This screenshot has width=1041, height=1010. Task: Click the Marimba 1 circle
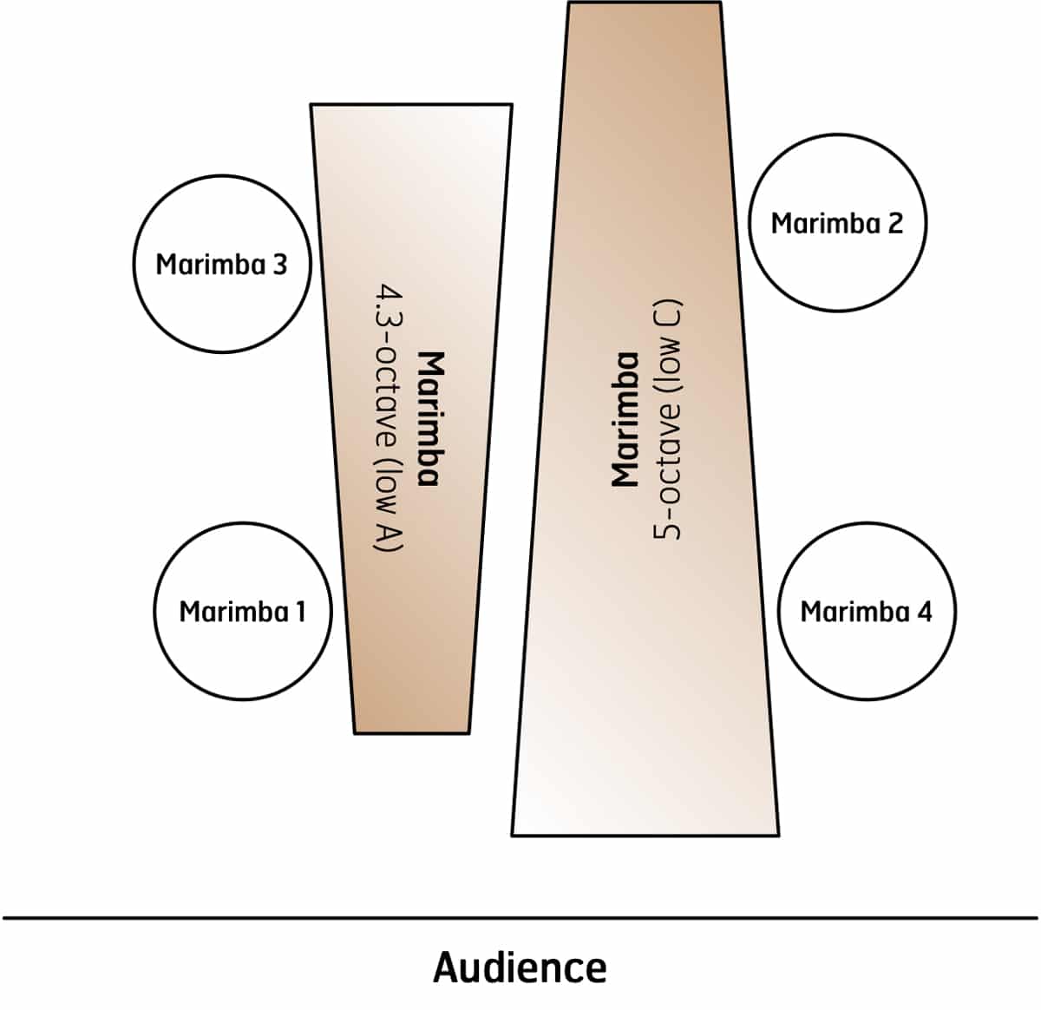(243, 611)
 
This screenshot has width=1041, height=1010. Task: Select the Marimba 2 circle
(837, 222)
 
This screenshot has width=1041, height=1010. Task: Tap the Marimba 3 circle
(222, 264)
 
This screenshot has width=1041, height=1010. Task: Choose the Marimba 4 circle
(866, 611)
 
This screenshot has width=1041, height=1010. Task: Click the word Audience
(520, 967)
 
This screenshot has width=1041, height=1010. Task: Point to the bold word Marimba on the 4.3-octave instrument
(431, 418)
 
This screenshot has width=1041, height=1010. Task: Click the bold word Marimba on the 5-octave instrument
(625, 418)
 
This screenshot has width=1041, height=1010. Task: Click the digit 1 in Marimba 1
(299, 612)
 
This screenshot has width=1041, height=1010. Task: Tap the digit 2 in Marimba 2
(894, 223)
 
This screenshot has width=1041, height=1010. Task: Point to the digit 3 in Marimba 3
(279, 265)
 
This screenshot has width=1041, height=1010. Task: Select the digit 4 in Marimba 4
(924, 612)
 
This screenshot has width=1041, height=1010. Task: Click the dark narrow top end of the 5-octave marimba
(645, 26)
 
